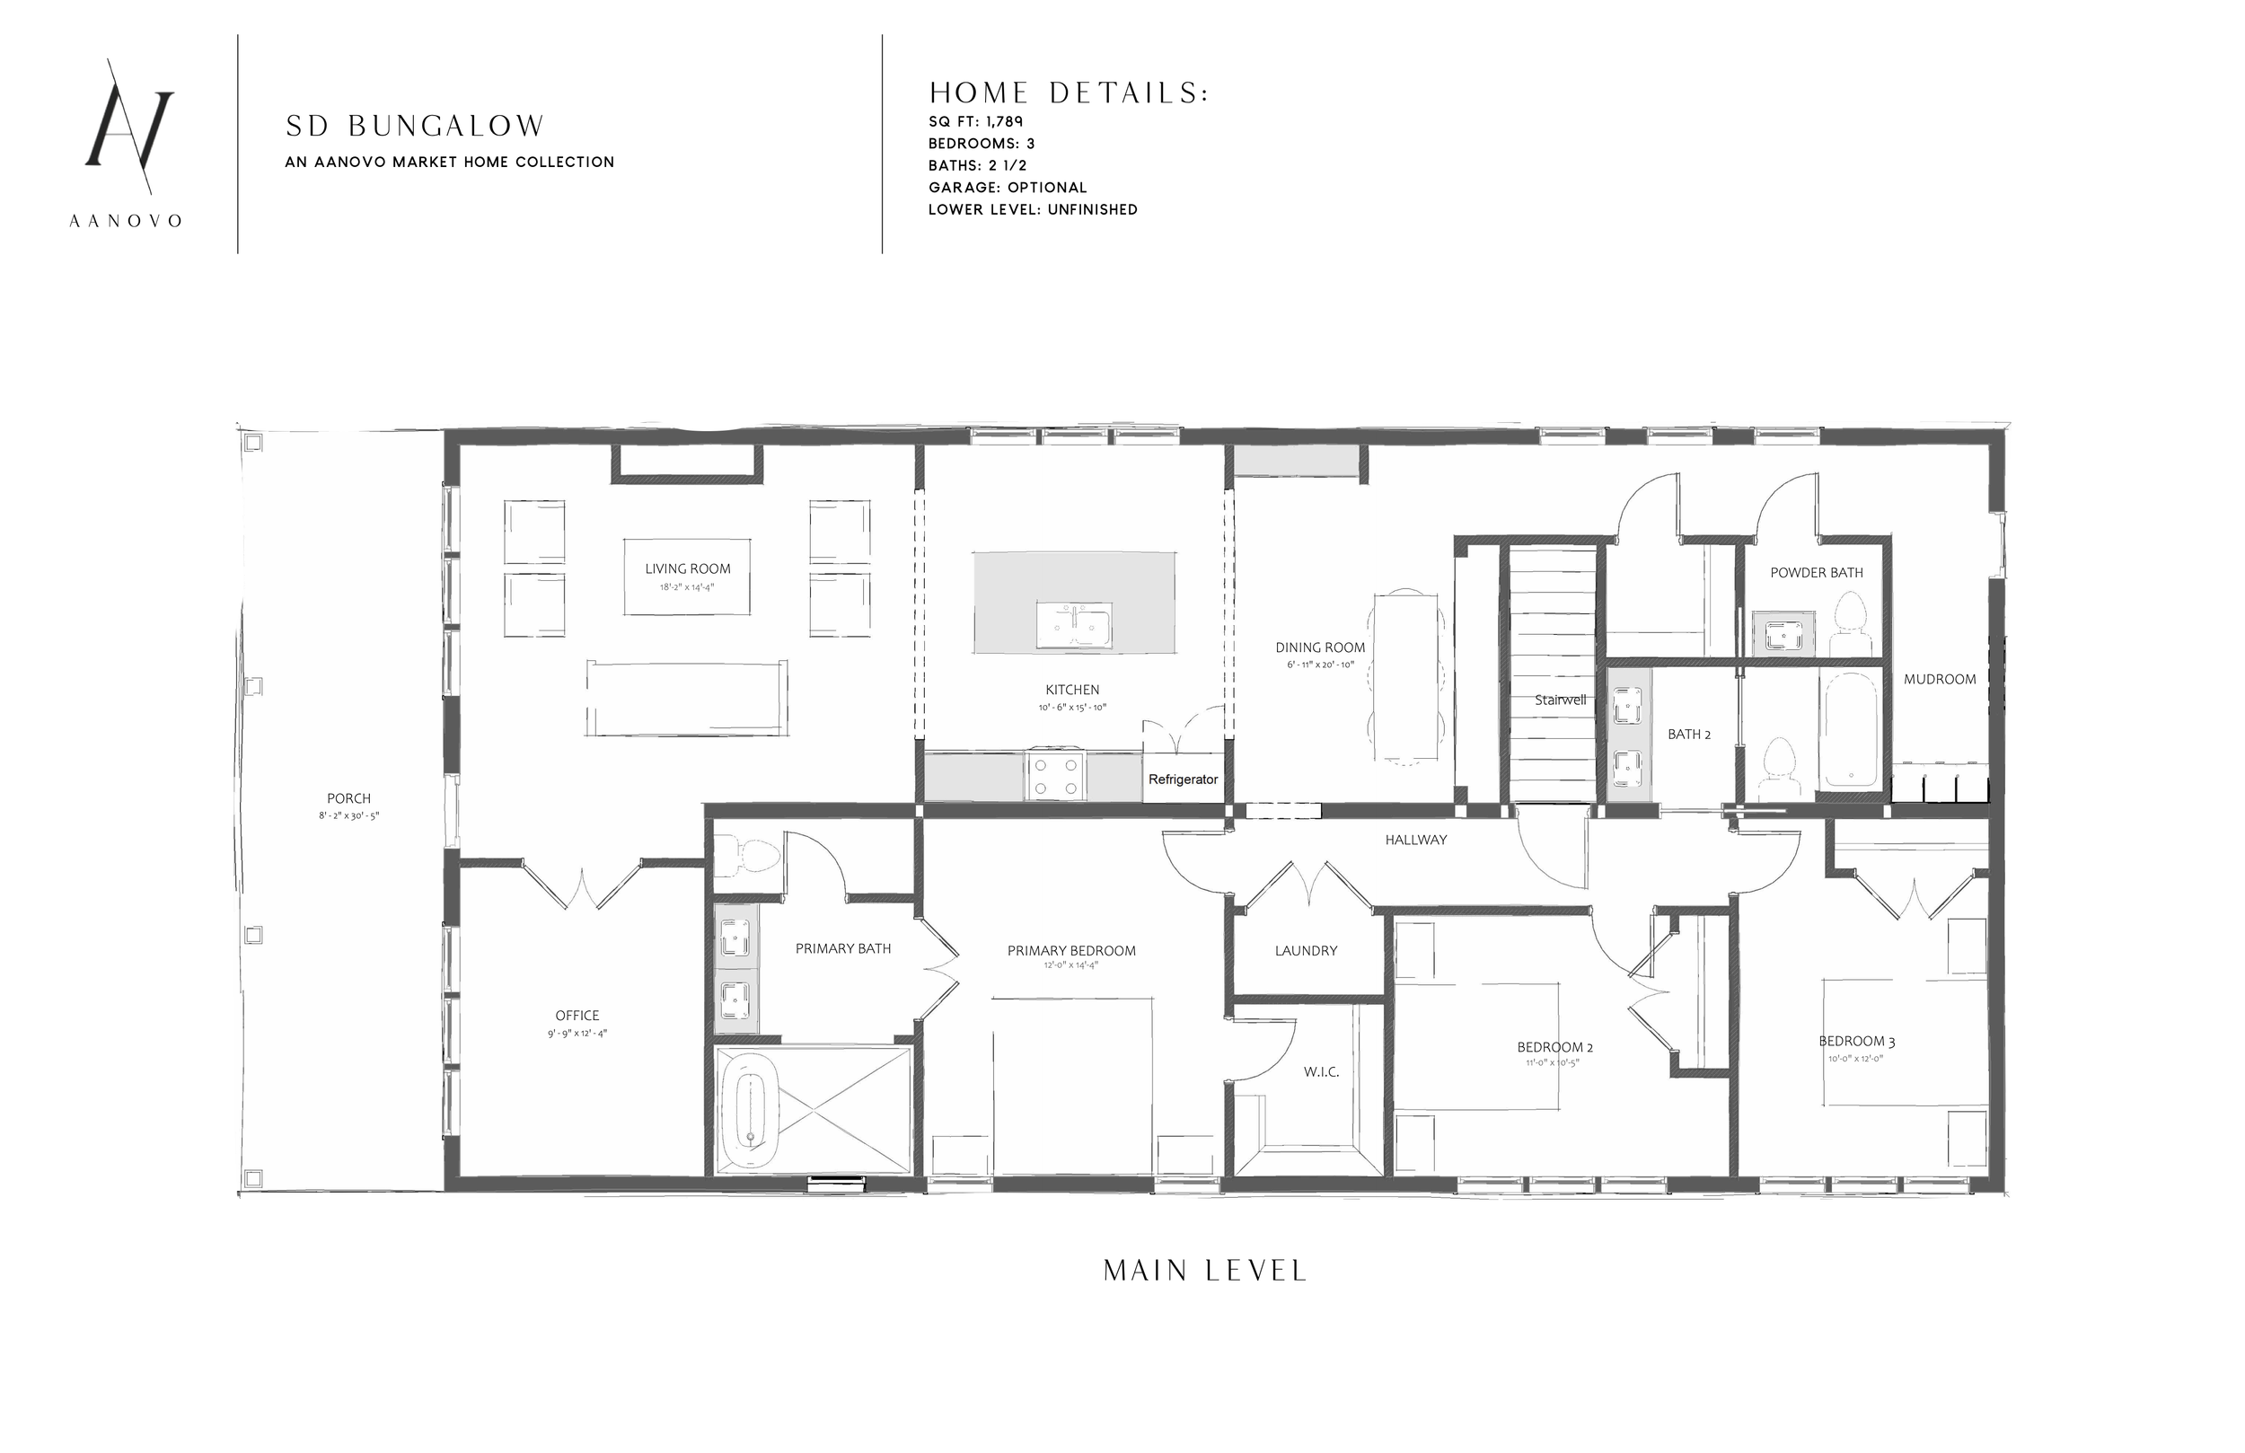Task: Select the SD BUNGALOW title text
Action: [415, 126]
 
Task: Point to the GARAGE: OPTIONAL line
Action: [1008, 188]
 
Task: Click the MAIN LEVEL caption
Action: [1204, 1271]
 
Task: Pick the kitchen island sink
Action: [1073, 625]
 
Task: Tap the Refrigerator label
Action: [1183, 779]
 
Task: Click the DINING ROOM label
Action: [1320, 648]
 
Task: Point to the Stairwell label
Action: [1560, 700]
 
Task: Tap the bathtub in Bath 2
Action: [1850, 729]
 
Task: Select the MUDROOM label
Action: [1940, 679]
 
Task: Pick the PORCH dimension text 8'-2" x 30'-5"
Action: [349, 816]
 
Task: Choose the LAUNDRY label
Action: [1306, 951]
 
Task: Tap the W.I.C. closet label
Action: [1321, 1073]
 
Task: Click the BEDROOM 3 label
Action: [1856, 1042]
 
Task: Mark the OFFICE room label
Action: [577, 1015]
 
